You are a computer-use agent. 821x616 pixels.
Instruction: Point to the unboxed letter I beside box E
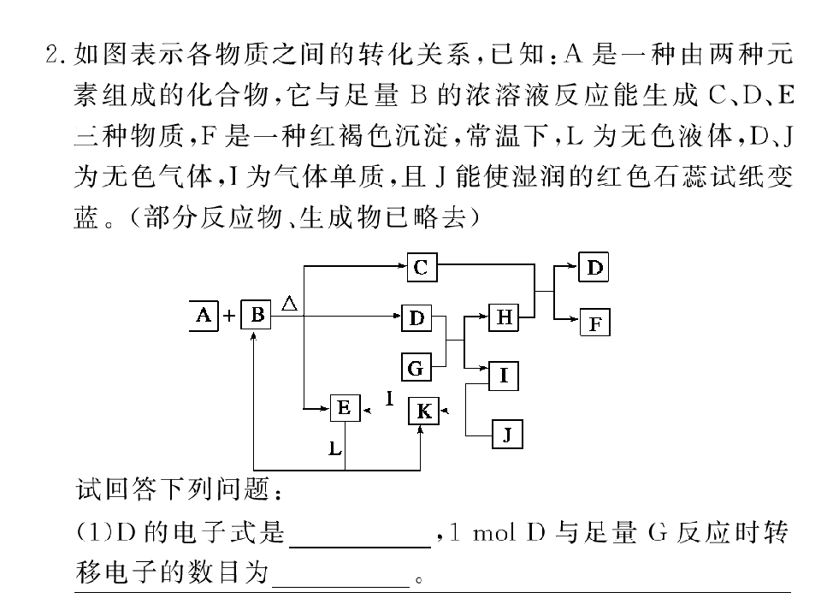point(389,400)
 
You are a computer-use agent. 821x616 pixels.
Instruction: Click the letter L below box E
point(334,448)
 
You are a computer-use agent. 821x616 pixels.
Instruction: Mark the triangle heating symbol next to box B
point(290,304)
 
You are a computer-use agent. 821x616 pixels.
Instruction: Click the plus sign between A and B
point(229,316)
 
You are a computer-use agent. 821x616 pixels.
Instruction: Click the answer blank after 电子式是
point(360,547)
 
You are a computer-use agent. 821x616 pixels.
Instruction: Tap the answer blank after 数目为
point(341,586)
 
